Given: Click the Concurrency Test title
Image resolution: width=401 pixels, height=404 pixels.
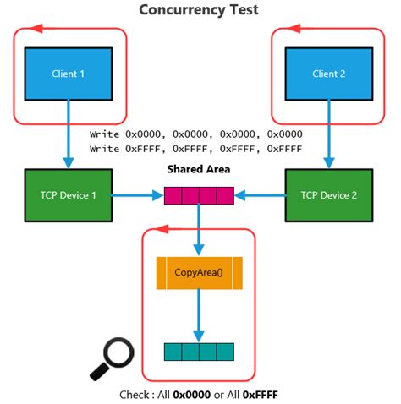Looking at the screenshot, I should tap(199, 10).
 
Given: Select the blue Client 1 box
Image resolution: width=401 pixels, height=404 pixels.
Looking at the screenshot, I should tap(69, 74).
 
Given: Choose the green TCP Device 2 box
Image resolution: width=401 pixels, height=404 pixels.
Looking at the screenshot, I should tap(329, 195).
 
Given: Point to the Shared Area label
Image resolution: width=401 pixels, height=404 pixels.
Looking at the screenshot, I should tap(199, 169).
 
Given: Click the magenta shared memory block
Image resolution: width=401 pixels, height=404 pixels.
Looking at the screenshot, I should tap(199, 196).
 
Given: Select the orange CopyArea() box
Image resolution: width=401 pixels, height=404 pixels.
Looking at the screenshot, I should tap(200, 273).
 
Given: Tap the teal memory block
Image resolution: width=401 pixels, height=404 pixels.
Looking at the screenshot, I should tap(199, 352).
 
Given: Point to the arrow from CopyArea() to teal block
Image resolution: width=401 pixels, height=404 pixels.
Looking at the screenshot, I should tap(199, 317).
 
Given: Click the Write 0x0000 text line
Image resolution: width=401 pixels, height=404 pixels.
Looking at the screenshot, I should tap(196, 134).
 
